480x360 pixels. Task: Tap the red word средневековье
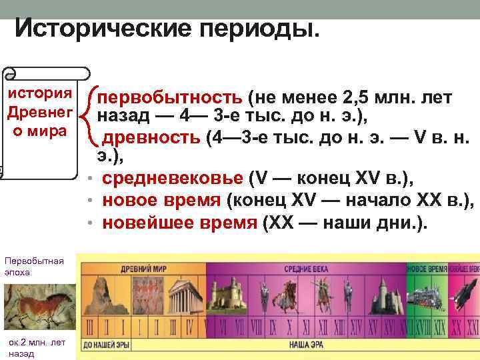(173, 179)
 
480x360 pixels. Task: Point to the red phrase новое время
(162, 201)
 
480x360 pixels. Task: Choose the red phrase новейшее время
(179, 223)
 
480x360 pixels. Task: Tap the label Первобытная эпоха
(33, 266)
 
